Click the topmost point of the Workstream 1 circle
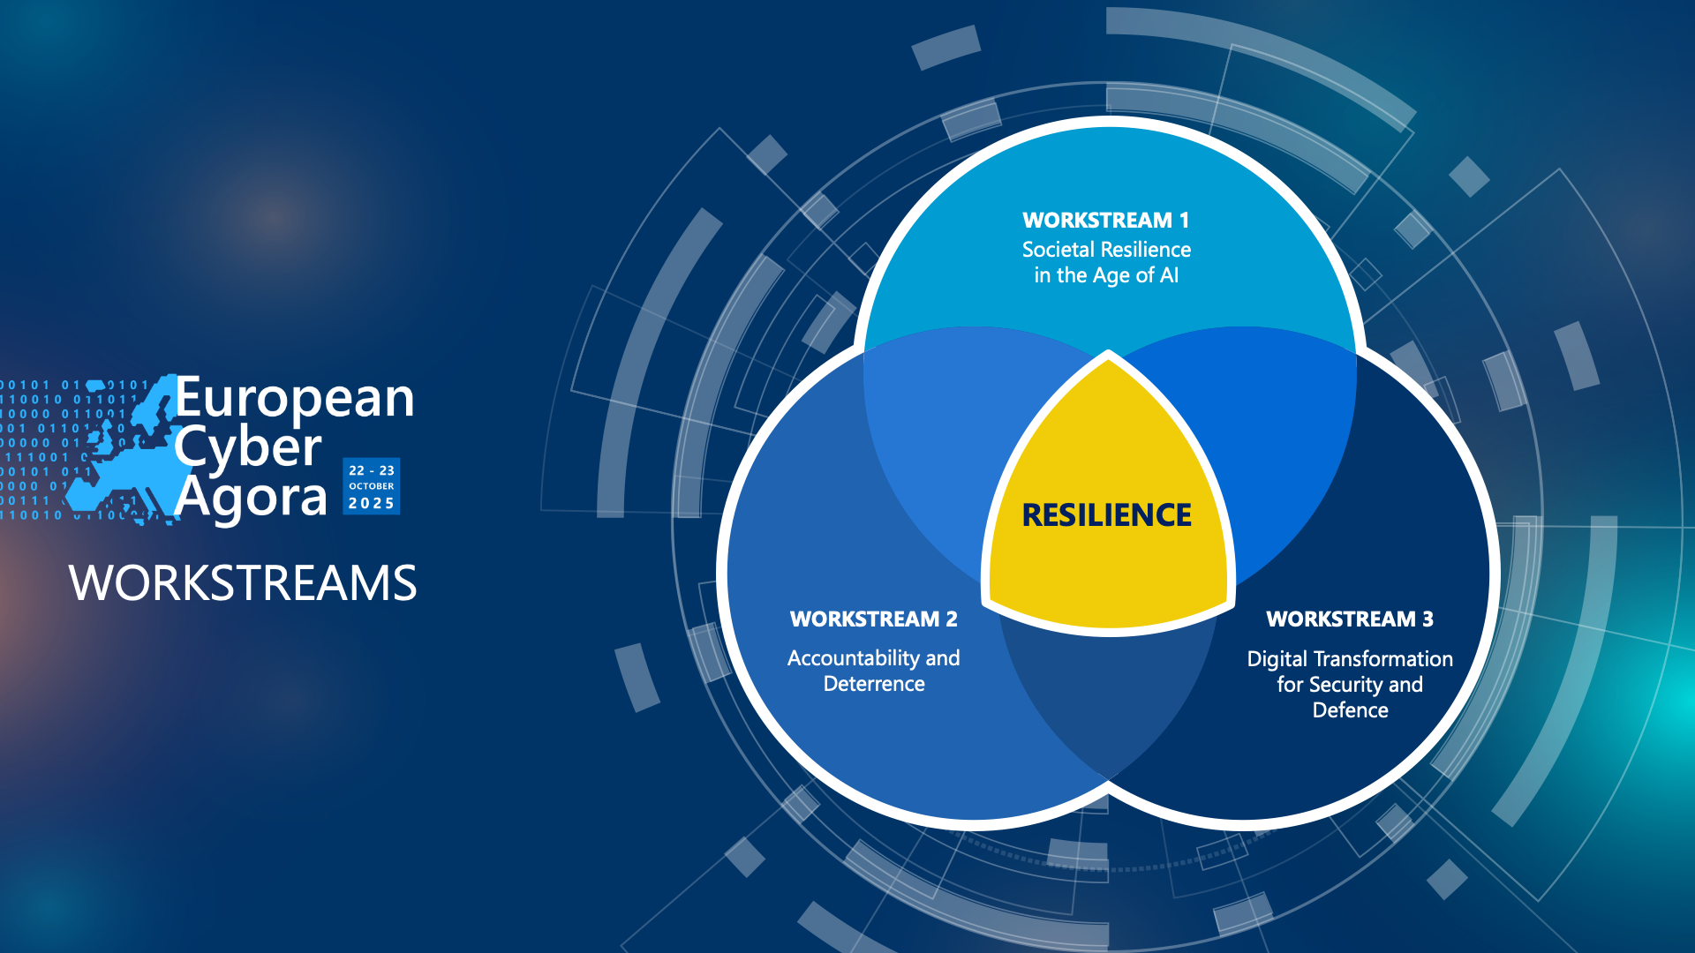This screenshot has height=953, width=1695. (1109, 121)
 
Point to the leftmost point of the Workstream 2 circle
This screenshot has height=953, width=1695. (721, 574)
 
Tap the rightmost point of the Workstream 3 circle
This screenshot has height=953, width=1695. (1495, 574)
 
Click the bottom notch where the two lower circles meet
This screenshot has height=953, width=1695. (1108, 784)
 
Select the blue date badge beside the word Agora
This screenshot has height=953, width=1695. (371, 486)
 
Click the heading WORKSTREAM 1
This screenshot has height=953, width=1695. (1106, 220)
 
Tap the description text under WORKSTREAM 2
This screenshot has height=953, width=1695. (874, 671)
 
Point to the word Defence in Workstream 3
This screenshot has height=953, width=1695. (1350, 710)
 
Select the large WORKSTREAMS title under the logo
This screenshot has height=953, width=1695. (243, 583)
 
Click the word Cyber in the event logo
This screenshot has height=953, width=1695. (248, 448)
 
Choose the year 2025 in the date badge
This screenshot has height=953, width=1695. (371, 504)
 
